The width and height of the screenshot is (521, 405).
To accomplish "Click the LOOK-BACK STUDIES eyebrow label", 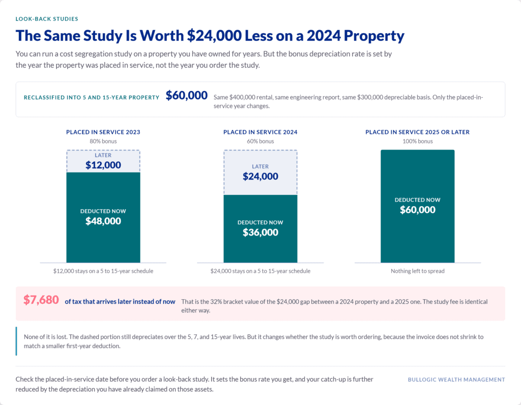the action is tap(47, 19).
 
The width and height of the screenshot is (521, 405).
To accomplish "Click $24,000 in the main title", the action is tap(214, 36).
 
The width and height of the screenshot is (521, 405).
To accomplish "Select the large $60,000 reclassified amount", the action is tap(187, 95).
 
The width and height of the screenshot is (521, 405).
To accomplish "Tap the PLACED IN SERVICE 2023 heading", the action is tap(103, 132).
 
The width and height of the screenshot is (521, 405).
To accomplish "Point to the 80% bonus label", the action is tap(103, 141).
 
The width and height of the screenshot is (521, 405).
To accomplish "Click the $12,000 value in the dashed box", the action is tap(103, 165).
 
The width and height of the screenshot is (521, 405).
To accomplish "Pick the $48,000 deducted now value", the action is tap(103, 221).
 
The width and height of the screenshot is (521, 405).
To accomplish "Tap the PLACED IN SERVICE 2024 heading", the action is tap(260, 132).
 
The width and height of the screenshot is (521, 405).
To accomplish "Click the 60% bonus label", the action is tap(260, 141).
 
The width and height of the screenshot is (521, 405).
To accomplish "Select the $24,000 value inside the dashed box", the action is tap(260, 177).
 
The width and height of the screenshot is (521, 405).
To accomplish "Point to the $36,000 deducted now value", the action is tap(260, 232).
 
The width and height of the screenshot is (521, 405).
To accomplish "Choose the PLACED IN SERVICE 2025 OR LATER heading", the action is tap(417, 132).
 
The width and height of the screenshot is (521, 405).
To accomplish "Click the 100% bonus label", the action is tap(417, 141).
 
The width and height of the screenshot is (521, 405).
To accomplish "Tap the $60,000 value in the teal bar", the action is tap(417, 210).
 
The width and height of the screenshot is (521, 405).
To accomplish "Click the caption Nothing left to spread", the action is tap(417, 271).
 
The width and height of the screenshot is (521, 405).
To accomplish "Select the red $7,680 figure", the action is tap(41, 300).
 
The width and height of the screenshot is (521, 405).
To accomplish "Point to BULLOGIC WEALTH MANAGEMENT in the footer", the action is tap(456, 380).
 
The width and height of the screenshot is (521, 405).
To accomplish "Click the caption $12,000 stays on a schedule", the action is tap(103, 271).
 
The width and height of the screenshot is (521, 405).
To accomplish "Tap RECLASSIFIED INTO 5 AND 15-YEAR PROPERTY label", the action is tap(92, 98).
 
